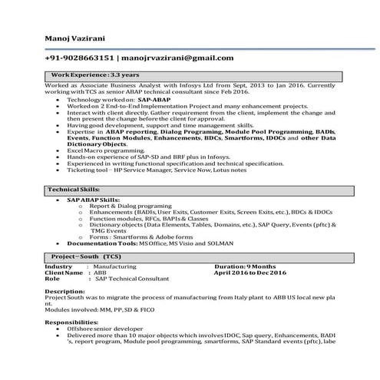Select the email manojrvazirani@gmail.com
[178, 58]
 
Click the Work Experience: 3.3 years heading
[94, 74]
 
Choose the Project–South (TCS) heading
[86, 255]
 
